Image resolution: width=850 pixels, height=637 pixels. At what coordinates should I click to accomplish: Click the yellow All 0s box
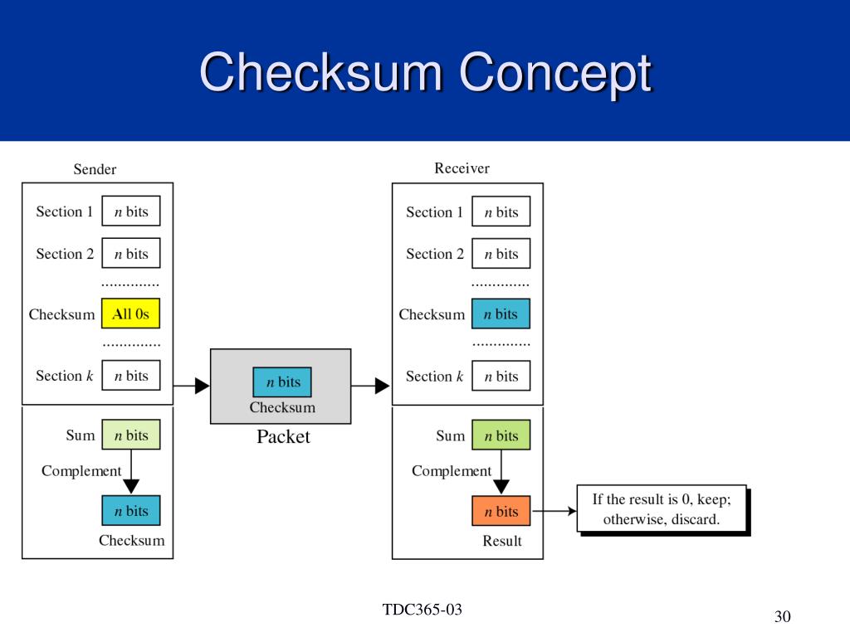130,314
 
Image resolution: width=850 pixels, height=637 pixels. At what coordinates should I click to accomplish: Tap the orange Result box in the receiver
501,511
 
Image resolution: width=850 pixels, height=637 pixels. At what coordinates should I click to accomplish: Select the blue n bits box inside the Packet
282,382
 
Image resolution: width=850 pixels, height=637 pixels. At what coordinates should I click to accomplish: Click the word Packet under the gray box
283,436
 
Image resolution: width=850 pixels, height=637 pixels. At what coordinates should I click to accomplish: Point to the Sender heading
95,169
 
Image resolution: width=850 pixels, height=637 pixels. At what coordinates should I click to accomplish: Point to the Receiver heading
462,168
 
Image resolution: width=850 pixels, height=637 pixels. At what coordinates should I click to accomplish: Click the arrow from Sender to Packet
192,386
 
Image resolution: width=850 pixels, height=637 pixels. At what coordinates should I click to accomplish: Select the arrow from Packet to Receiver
370,386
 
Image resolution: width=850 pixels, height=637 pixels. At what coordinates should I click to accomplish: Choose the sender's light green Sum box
130,435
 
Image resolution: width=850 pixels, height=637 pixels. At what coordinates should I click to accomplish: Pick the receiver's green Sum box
501,435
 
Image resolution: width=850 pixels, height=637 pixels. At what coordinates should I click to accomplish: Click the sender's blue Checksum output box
130,510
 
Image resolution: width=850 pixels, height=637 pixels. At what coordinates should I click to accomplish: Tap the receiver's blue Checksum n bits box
501,314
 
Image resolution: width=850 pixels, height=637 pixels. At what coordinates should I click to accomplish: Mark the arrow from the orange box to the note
554,511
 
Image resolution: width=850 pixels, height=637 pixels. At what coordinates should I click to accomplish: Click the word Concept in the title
555,73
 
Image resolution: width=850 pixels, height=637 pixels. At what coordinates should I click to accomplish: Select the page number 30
782,616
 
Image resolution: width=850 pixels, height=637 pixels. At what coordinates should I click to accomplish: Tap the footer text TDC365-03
423,610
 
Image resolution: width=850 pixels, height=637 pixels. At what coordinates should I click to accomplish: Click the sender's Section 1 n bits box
130,211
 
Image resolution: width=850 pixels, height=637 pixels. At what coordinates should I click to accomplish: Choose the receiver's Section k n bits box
501,376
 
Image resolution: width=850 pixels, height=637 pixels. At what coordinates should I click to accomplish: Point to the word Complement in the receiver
452,471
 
